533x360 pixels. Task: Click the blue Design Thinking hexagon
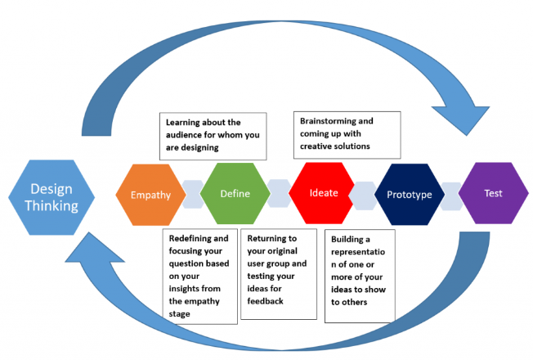(x=52, y=196)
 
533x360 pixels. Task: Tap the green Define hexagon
(x=235, y=194)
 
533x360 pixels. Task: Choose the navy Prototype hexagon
(x=409, y=194)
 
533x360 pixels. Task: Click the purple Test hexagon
(x=493, y=194)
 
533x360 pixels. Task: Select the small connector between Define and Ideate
(x=278, y=194)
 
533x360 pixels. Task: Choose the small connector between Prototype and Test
(x=452, y=194)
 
